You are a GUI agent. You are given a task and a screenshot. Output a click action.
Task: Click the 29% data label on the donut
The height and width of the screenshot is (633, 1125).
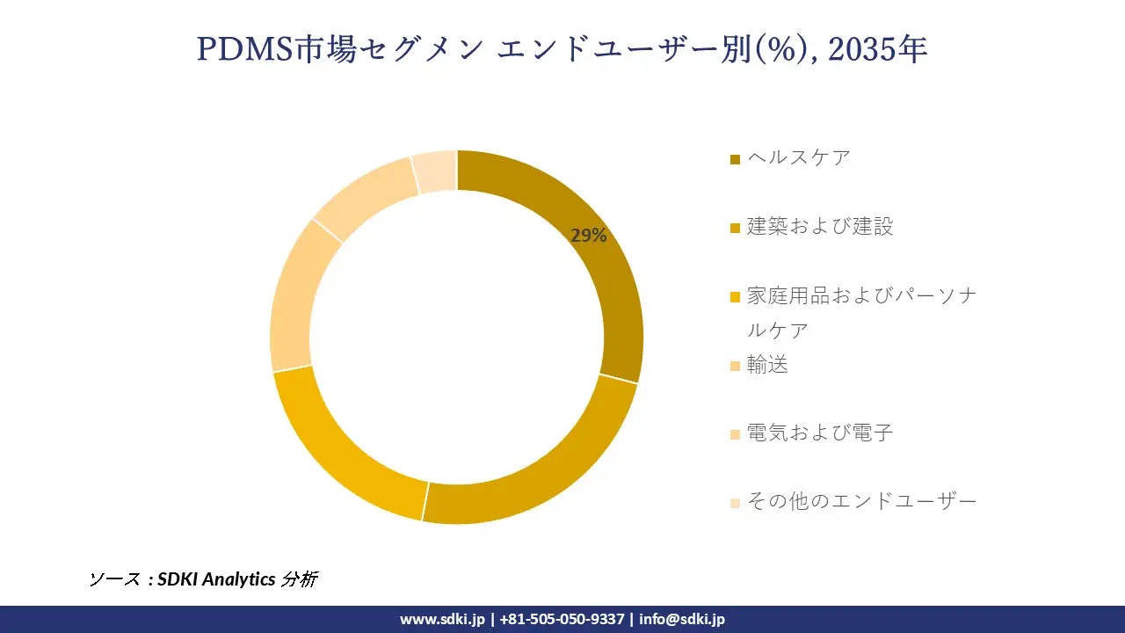coord(588,236)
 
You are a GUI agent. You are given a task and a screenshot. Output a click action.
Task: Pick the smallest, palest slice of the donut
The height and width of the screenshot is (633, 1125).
coord(434,171)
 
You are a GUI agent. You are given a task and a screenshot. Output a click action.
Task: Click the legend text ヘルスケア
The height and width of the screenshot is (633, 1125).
coord(798,157)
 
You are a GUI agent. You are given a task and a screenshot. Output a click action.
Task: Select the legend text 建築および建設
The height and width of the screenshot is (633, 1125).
coord(819,226)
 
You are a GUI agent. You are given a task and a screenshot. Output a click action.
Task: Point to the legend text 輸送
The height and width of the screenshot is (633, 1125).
coord(767,364)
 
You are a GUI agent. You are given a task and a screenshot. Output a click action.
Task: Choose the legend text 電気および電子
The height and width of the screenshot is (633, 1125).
coord(819,433)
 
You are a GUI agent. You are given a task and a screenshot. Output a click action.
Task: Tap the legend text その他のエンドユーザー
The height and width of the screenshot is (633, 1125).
coord(861,501)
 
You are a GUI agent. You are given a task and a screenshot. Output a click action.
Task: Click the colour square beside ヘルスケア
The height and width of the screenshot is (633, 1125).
coord(735,159)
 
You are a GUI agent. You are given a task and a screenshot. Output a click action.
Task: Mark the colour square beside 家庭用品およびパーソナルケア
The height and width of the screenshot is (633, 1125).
coord(735,297)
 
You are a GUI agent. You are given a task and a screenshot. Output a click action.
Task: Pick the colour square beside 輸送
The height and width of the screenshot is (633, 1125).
coord(735,366)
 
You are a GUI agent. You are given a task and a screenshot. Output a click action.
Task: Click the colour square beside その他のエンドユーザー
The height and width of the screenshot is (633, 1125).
coord(735,503)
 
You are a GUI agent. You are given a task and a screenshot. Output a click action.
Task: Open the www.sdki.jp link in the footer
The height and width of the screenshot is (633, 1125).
coord(442,619)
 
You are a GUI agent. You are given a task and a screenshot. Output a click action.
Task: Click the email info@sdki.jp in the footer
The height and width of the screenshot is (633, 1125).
coord(682,619)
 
